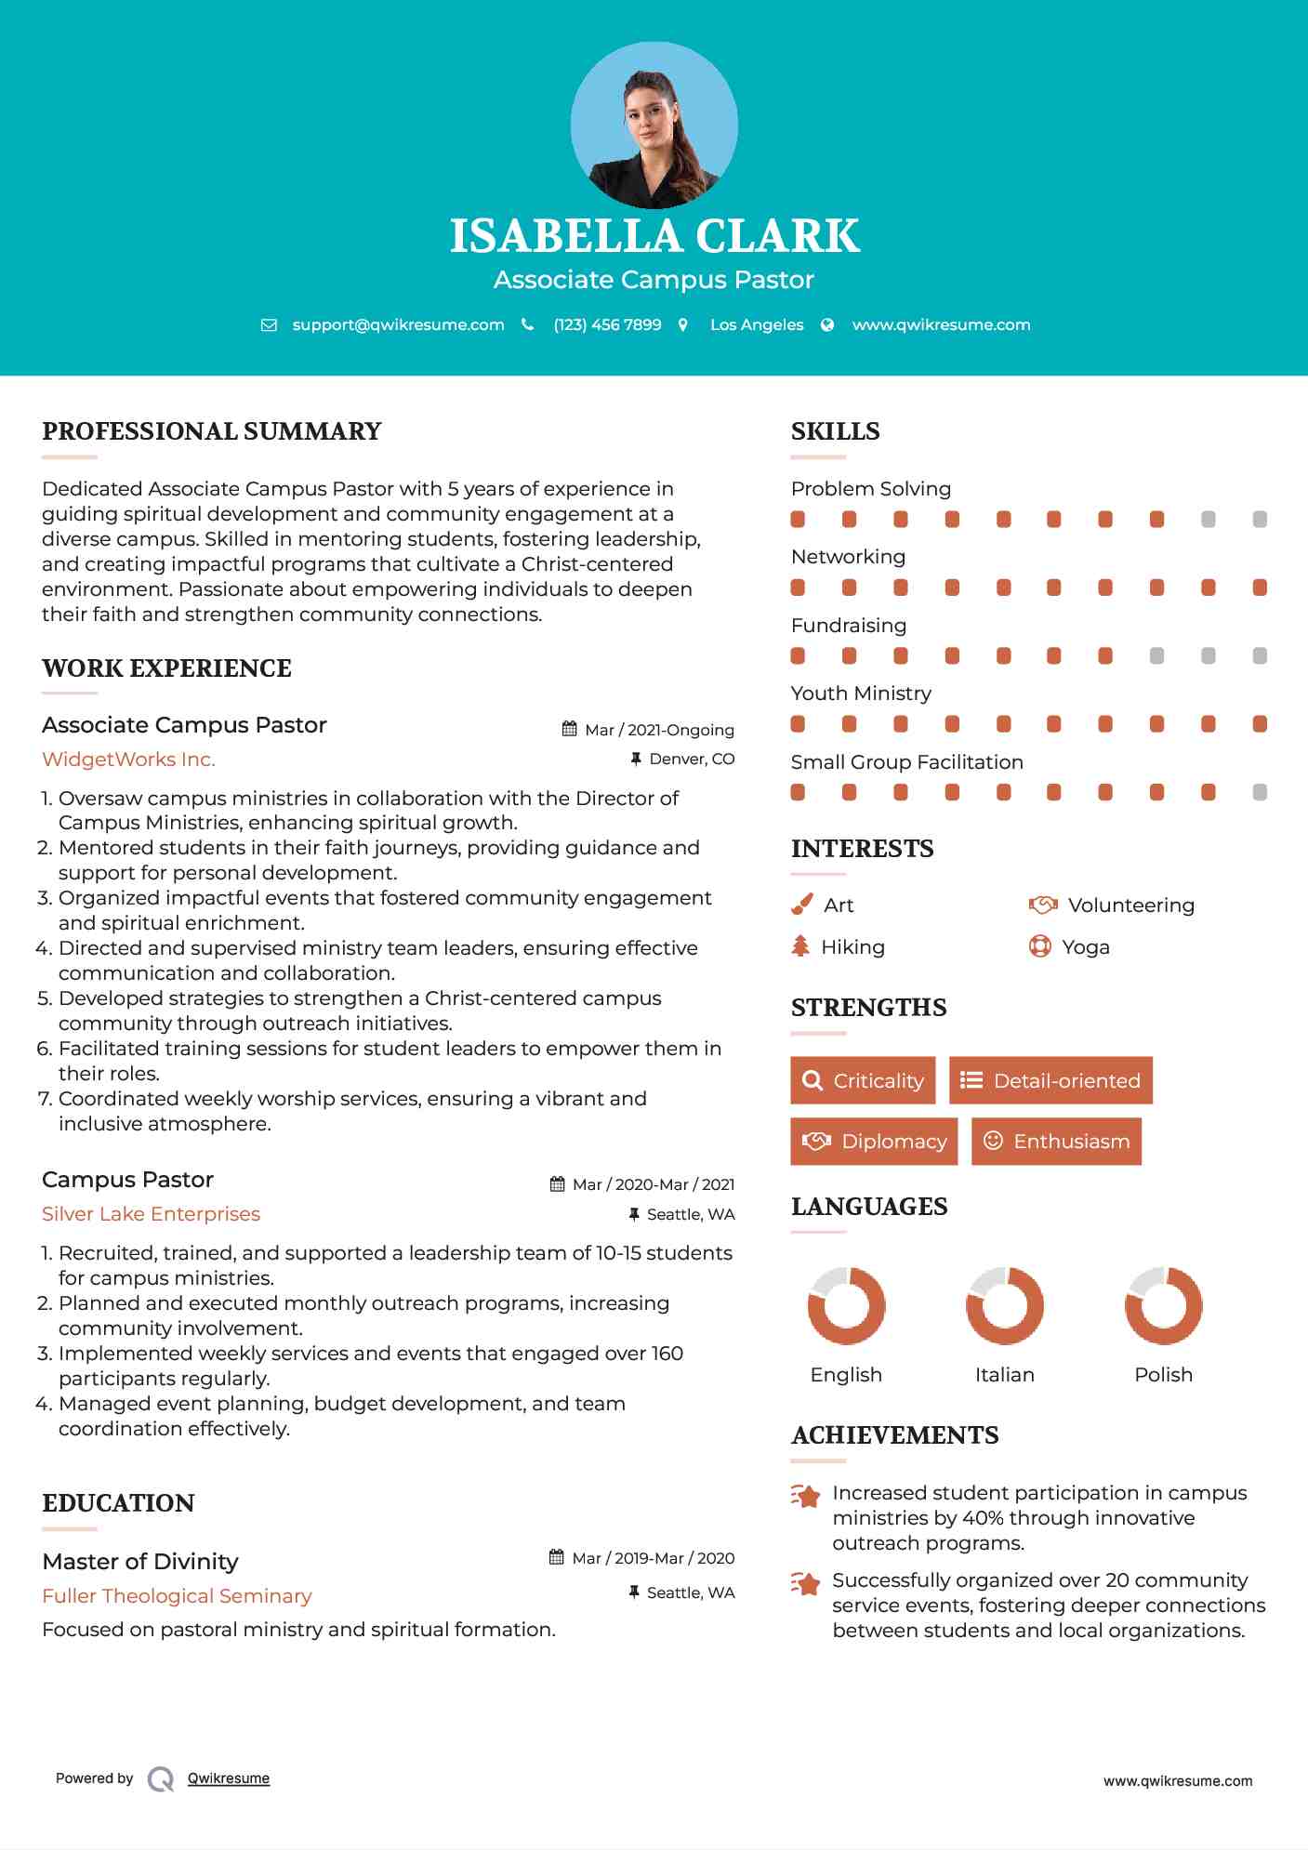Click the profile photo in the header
[x=654, y=125]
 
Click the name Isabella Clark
[x=654, y=236]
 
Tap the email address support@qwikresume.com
[x=398, y=324]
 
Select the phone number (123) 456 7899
[x=607, y=324]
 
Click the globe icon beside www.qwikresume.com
[x=827, y=324]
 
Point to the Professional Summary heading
[x=212, y=431]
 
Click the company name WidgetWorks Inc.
[x=128, y=760]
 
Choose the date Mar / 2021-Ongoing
[x=659, y=730]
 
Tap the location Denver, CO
[x=692, y=759]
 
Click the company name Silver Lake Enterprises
[x=151, y=1214]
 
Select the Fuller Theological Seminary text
[x=177, y=1596]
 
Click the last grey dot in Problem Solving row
[x=1260, y=520]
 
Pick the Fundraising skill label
[x=848, y=626]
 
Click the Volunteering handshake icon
[x=1043, y=905]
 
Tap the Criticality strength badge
[x=863, y=1080]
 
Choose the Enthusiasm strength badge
[x=1056, y=1142]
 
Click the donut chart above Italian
[x=1004, y=1305]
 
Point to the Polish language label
[x=1163, y=1375]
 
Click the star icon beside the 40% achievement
[x=805, y=1496]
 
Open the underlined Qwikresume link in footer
[x=229, y=1778]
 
